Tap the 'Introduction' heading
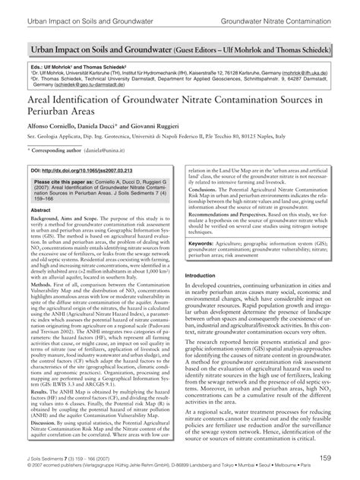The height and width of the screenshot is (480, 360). tap(206, 276)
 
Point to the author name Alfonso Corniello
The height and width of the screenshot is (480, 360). tap(49, 124)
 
